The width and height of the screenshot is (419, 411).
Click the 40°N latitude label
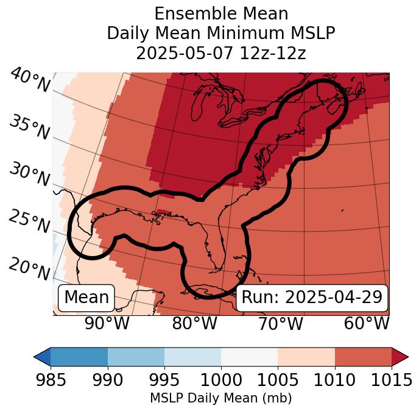[29, 80]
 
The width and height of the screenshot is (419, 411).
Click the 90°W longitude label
[107, 323]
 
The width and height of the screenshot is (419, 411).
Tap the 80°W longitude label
[194, 323]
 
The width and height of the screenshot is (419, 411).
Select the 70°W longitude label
[280, 323]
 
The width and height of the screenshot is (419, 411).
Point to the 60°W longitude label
[367, 323]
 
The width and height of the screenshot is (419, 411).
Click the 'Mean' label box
[86, 298]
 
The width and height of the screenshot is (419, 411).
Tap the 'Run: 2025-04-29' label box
[312, 298]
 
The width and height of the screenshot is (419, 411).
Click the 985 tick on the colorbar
[51, 381]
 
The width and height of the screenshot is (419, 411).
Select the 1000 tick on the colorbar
[221, 381]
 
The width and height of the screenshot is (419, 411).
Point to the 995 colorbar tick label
[164, 381]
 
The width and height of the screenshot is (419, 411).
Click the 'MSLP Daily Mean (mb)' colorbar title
[221, 398]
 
